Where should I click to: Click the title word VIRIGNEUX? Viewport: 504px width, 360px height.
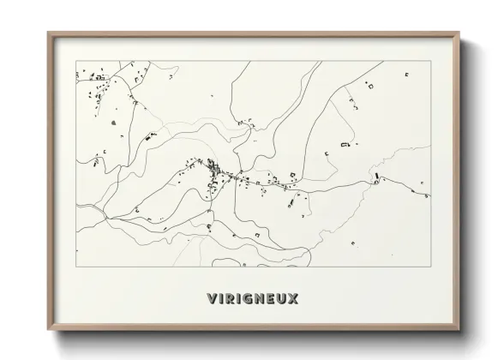pyautogui.click(x=252, y=298)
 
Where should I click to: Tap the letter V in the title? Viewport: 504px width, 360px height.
pyautogui.click(x=212, y=298)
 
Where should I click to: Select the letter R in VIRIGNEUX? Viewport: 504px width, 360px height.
pyautogui.click(x=231, y=298)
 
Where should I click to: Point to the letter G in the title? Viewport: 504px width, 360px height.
pyautogui.click(x=249, y=298)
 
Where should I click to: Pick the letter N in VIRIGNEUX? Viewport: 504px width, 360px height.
pyautogui.click(x=261, y=298)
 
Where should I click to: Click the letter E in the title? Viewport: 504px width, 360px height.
pyautogui.click(x=272, y=298)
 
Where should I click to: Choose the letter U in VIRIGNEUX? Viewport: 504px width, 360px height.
pyautogui.click(x=282, y=298)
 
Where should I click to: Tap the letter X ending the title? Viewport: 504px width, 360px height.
pyautogui.click(x=293, y=298)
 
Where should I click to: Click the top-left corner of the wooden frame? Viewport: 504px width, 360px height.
pyautogui.click(x=48, y=33)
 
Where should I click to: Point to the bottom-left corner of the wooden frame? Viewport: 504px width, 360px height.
pyautogui.click(x=48, y=329)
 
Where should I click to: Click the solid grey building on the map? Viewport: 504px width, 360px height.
pyautogui.click(x=112, y=122)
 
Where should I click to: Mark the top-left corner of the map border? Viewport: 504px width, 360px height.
pyautogui.click(x=76, y=61)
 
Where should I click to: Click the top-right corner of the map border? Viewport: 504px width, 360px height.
pyautogui.click(x=430, y=61)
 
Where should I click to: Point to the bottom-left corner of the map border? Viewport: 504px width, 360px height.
pyautogui.click(x=76, y=267)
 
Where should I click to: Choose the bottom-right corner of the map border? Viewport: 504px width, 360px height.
pyautogui.click(x=430, y=267)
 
